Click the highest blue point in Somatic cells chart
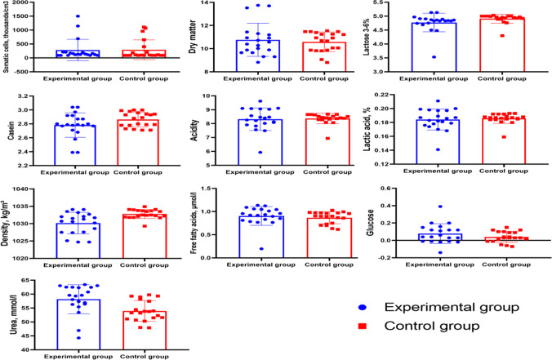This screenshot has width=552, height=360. (78, 16)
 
